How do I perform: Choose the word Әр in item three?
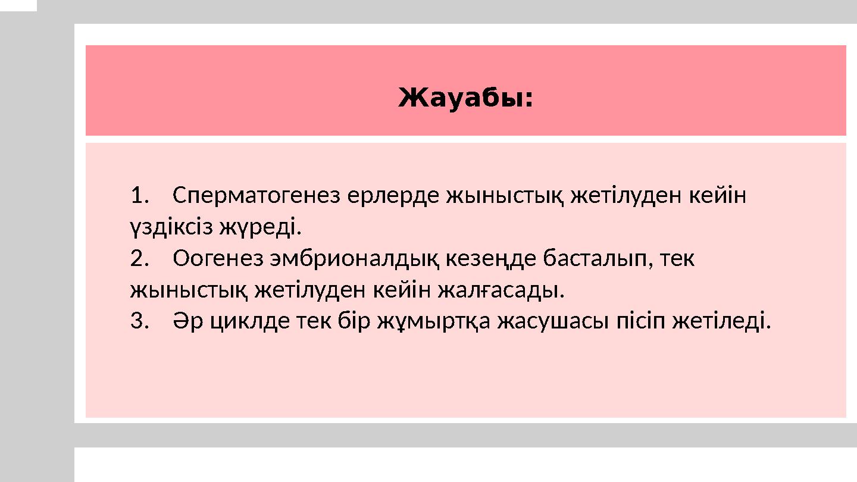click(x=186, y=322)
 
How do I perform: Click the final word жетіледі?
click(x=721, y=322)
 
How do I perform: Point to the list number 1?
click(x=137, y=195)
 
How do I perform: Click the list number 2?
click(x=137, y=259)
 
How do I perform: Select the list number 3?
click(x=137, y=322)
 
